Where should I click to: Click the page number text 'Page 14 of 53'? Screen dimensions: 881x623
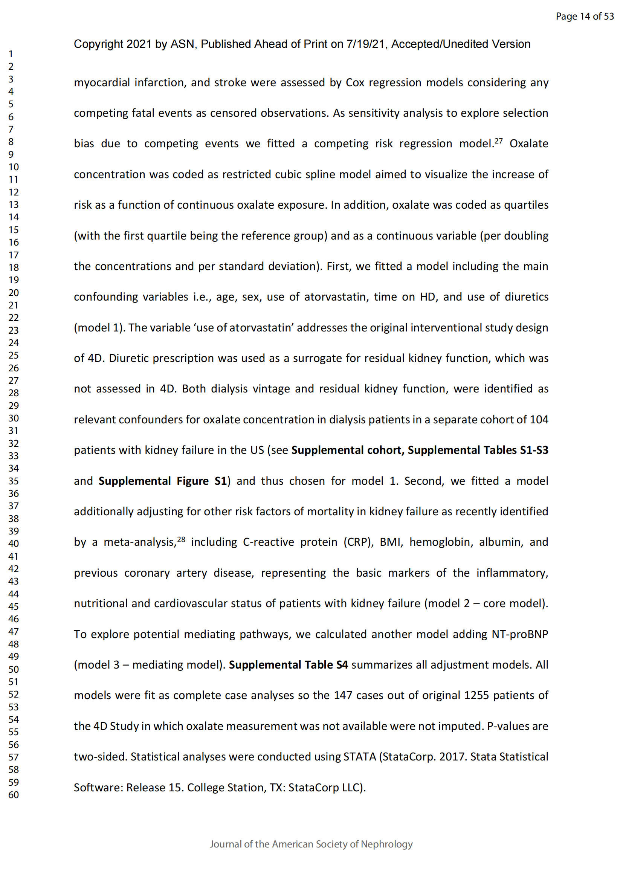tap(585, 16)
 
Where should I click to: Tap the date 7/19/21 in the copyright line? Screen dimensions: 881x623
tap(365, 44)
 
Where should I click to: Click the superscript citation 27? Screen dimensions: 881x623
tap(498, 141)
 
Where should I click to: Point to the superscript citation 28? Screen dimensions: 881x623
tap(181, 539)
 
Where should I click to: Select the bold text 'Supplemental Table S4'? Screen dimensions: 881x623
tap(288, 664)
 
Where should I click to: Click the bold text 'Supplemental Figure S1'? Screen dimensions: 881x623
tap(163, 481)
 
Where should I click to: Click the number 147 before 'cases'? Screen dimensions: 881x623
tap(343, 695)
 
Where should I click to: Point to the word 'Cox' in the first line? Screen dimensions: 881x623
tap(355, 82)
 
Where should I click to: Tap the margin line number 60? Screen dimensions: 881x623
tap(14, 795)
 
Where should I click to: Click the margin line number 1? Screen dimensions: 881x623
tap(11, 54)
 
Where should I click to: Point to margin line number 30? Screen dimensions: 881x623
tap(14, 418)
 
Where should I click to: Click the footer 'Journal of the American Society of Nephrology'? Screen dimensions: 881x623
tap(311, 844)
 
